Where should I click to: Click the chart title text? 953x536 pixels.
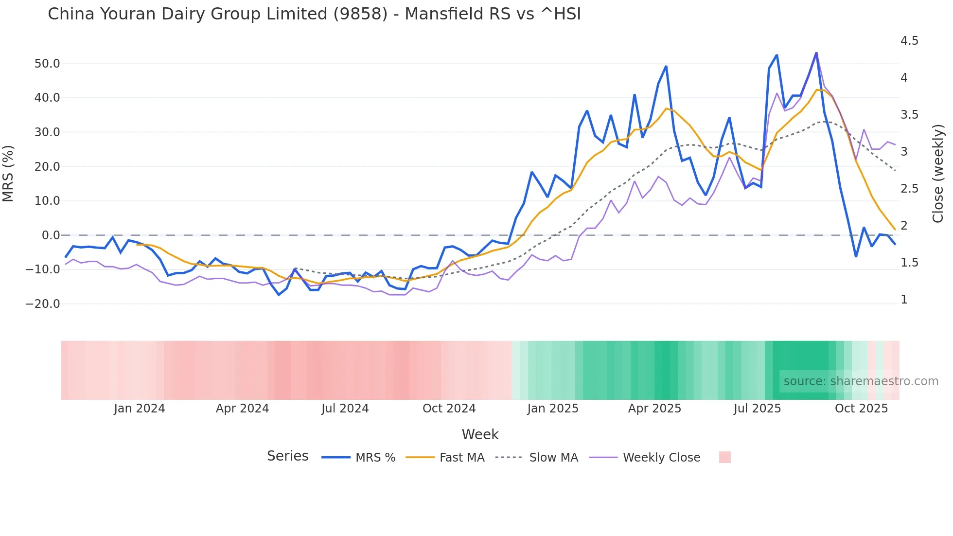[314, 14]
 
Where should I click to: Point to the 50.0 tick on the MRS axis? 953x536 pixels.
[47, 64]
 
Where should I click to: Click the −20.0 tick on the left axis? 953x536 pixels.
[43, 304]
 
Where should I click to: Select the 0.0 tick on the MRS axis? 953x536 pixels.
[51, 235]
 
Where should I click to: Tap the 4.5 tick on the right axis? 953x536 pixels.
[909, 41]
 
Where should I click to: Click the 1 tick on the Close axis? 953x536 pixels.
[904, 300]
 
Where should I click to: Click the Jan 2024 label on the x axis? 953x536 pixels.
[140, 409]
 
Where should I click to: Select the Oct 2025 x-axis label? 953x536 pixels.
[861, 409]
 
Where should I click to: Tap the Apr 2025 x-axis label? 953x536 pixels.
[654, 409]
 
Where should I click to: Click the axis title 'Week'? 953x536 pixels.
[480, 434]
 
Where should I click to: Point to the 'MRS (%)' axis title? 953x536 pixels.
[8, 173]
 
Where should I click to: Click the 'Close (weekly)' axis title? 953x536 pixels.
[938, 173]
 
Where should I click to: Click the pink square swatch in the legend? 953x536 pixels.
[724, 457]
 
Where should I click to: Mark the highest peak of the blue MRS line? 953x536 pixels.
[816, 53]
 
